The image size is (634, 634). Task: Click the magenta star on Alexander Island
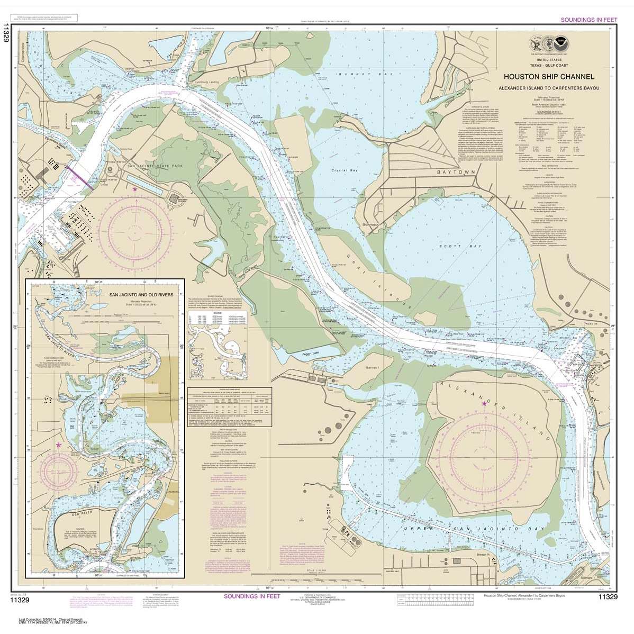pos(484,404)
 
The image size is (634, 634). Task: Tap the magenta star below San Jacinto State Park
pos(135,189)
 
